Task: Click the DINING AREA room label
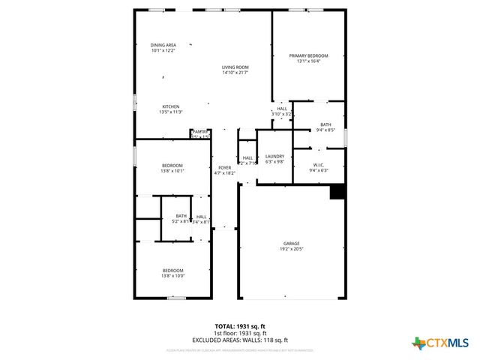coord(163,45)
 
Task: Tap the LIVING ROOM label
coord(235,67)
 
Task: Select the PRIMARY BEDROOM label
coord(308,56)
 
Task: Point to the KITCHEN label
coord(172,106)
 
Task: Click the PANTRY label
coord(199,131)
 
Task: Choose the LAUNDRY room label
coord(275,156)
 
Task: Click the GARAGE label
coord(291,243)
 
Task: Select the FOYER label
coord(225,167)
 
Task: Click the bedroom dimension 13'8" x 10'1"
coord(172,171)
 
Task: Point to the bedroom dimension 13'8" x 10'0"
coord(173,276)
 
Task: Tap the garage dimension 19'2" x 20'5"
coord(291,248)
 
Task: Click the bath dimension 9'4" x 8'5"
coord(325,130)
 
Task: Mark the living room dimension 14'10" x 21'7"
coord(235,73)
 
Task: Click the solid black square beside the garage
coord(337,192)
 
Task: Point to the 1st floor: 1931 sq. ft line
coord(240,333)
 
